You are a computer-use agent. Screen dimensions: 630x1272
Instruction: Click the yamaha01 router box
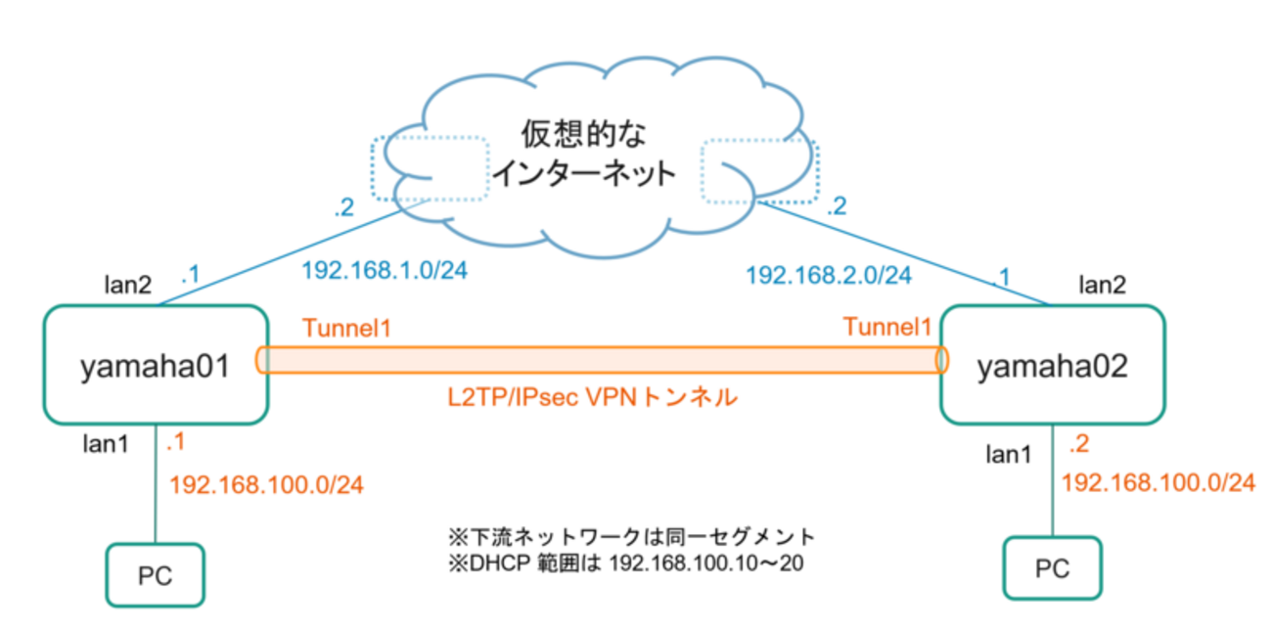[x=155, y=365]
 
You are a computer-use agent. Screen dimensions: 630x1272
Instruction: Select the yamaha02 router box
[x=1052, y=365]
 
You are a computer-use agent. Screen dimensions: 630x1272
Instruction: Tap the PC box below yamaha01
[x=156, y=574]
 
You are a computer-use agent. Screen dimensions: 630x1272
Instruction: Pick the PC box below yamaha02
[x=1052, y=568]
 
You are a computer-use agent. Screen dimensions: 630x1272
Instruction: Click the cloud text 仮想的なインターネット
[x=583, y=154]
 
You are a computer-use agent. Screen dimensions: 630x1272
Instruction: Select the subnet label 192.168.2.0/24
[x=828, y=276]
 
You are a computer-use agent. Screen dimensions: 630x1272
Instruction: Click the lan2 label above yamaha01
[x=129, y=285]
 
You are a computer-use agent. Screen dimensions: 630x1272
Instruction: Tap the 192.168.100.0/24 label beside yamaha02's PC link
[x=1158, y=481]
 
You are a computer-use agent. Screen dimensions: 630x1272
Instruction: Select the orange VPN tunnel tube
[x=601, y=360]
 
